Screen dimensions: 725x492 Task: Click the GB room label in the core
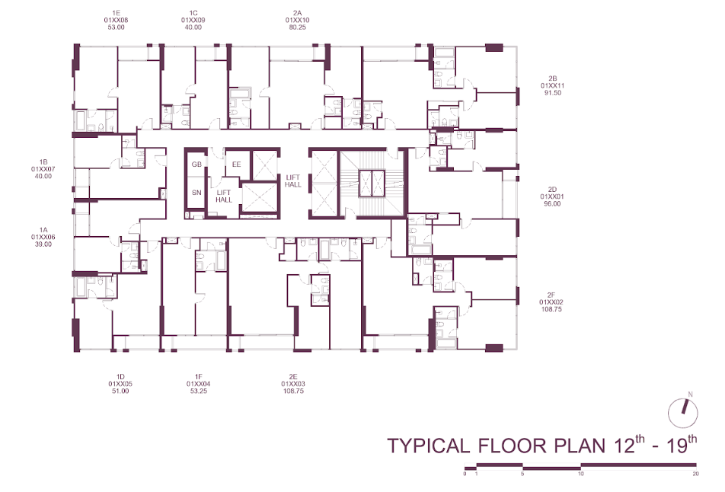[196, 165]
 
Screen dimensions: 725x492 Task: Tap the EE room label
[236, 165]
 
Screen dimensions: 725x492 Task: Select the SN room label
[196, 193]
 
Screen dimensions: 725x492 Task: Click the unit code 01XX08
[116, 21]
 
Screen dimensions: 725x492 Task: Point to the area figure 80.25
[297, 27]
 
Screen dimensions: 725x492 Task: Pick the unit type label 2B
[553, 78]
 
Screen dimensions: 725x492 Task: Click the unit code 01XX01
[552, 196]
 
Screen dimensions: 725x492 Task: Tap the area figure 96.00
[552, 203]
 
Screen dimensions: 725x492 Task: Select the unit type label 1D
[120, 377]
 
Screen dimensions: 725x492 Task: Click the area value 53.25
[198, 391]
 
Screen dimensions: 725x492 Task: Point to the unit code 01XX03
[293, 384]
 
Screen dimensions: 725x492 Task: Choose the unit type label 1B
[43, 162]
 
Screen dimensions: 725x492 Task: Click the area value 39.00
[43, 244]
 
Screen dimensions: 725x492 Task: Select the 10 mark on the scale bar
[581, 474]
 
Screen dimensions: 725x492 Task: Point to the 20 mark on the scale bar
[696, 474]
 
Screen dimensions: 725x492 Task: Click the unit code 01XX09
[193, 21]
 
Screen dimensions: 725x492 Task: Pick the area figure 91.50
[553, 92]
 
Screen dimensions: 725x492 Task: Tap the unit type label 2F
[551, 295]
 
